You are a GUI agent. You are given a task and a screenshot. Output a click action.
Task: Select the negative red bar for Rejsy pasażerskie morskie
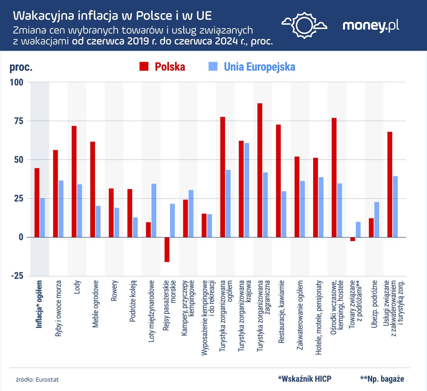[167, 249]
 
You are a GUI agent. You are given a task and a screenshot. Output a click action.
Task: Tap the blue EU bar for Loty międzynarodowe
[154, 210]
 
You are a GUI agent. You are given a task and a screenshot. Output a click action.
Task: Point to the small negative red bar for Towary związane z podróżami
[352, 239]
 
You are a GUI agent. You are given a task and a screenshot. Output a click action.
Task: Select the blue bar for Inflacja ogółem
[42, 218]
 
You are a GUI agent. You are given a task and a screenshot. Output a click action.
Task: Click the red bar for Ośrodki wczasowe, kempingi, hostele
[334, 177]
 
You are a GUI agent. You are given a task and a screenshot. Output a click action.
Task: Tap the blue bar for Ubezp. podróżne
[377, 220]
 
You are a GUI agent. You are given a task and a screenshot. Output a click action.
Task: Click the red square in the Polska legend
[144, 67]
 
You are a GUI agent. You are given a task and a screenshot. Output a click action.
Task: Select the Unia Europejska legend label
[259, 67]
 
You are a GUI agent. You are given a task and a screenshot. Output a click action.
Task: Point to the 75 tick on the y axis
[19, 121]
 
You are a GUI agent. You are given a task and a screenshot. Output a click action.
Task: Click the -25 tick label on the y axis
[17, 276]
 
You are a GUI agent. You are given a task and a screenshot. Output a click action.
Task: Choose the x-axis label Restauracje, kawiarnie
[281, 312]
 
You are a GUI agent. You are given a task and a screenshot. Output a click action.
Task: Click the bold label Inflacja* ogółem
[39, 304]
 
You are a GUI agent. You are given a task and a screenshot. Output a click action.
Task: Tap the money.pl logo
[371, 26]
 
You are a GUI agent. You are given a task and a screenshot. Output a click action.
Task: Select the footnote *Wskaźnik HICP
[305, 379]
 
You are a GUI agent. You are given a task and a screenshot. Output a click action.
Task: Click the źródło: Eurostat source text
[37, 380]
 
